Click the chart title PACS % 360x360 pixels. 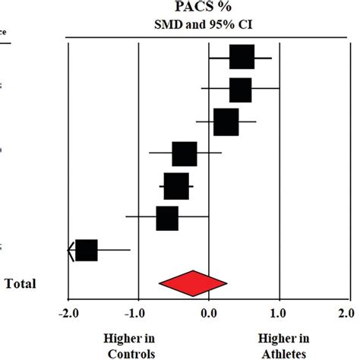[x=208, y=8]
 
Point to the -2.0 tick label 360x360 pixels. [x=67, y=314]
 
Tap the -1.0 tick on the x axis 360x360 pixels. [x=137, y=314]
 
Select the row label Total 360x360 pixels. [x=21, y=283]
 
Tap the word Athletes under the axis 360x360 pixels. [x=283, y=353]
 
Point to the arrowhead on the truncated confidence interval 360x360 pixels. [x=71, y=249]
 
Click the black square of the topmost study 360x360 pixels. [x=242, y=57]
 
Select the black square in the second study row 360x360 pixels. [x=240, y=90]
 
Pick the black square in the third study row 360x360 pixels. [x=226, y=122]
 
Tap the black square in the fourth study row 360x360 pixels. [x=185, y=154]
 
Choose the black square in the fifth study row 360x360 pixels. [x=175, y=186]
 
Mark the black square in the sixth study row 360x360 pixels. [x=167, y=218]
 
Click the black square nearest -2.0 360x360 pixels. [x=87, y=249]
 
